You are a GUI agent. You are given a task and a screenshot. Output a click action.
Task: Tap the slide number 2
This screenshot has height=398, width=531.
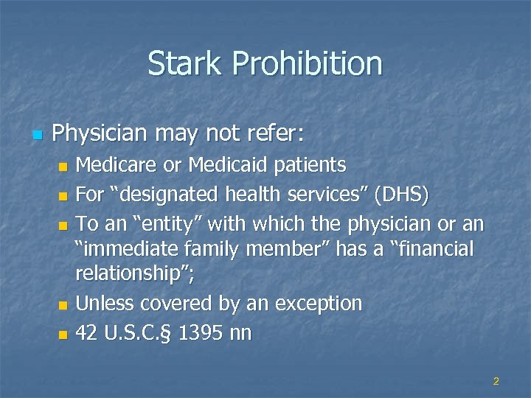coord(496,381)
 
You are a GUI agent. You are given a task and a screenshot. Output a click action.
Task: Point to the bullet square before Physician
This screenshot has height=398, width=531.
coord(38,136)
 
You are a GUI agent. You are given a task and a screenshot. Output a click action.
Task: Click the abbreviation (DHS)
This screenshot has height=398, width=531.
coord(400,195)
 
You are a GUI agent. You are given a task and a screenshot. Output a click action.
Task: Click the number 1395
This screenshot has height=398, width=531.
coord(200,333)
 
